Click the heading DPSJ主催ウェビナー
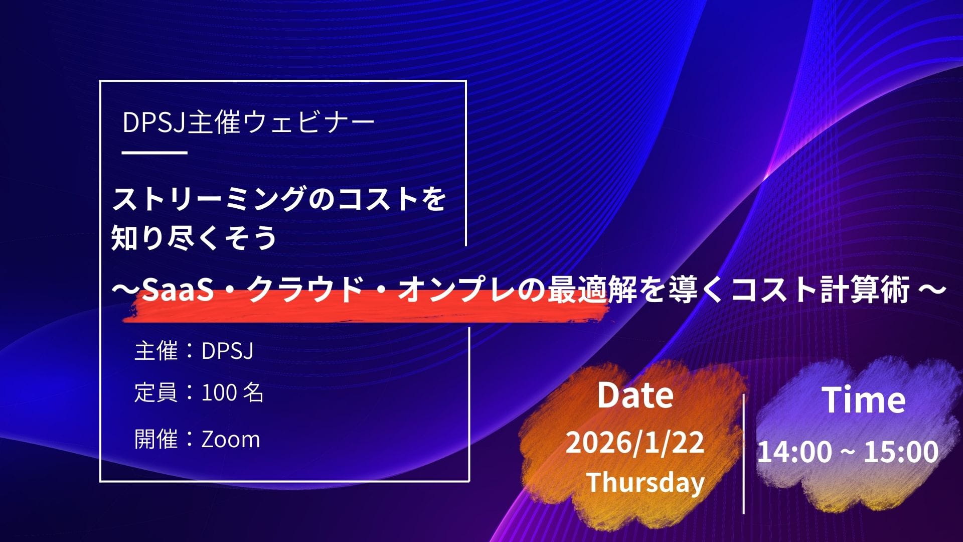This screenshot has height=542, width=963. (249, 122)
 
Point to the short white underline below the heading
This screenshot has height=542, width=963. (154, 153)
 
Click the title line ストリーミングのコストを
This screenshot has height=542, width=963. (279, 200)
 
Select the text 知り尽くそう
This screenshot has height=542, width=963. (194, 237)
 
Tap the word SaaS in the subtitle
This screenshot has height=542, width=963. (178, 290)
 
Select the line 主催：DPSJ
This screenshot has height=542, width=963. (194, 351)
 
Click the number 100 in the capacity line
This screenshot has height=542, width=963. (219, 393)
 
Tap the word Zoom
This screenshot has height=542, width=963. (231, 439)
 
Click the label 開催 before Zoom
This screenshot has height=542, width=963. (156, 439)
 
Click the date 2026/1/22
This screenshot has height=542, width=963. (635, 442)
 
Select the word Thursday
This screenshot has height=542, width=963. (646, 482)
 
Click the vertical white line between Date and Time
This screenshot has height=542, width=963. (743, 454)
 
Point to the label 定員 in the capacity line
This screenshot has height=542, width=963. (156, 393)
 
